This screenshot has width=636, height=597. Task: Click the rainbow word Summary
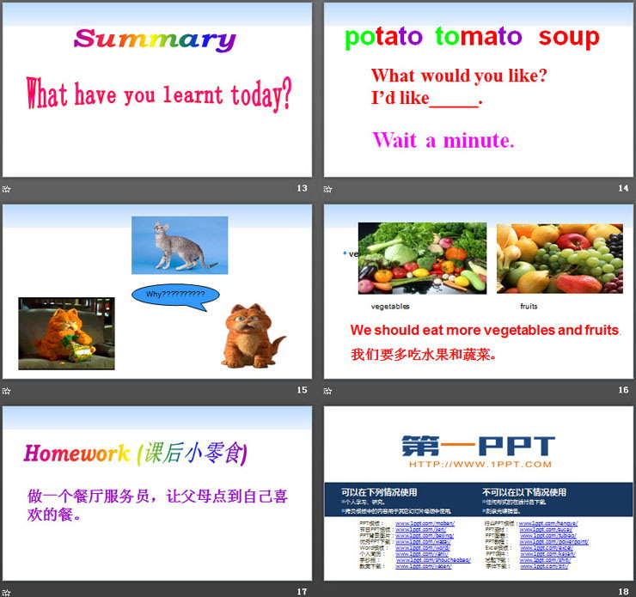coord(155,40)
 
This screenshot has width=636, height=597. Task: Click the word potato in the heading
coord(383,37)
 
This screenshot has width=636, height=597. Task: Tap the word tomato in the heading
coord(478,37)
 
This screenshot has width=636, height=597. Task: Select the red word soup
coord(569,37)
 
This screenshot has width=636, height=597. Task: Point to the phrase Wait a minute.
coord(443,140)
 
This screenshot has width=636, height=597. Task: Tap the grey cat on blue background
coord(179,245)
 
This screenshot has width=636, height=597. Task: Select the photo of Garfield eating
coord(66,333)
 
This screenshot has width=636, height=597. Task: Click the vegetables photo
coord(422,258)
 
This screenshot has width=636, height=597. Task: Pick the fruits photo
coord(560,258)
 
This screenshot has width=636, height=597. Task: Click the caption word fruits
coord(529,307)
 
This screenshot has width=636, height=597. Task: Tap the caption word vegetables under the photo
coord(390,307)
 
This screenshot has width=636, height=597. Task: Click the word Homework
coord(76,454)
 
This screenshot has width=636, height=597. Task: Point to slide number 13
coord(302,188)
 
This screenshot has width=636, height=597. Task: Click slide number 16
coord(623,390)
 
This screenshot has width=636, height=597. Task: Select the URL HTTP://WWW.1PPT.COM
coord(480,465)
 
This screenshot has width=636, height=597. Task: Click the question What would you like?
coord(459,76)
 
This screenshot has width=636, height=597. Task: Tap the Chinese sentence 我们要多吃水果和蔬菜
coord(424,354)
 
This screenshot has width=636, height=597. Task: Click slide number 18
coord(623,591)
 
